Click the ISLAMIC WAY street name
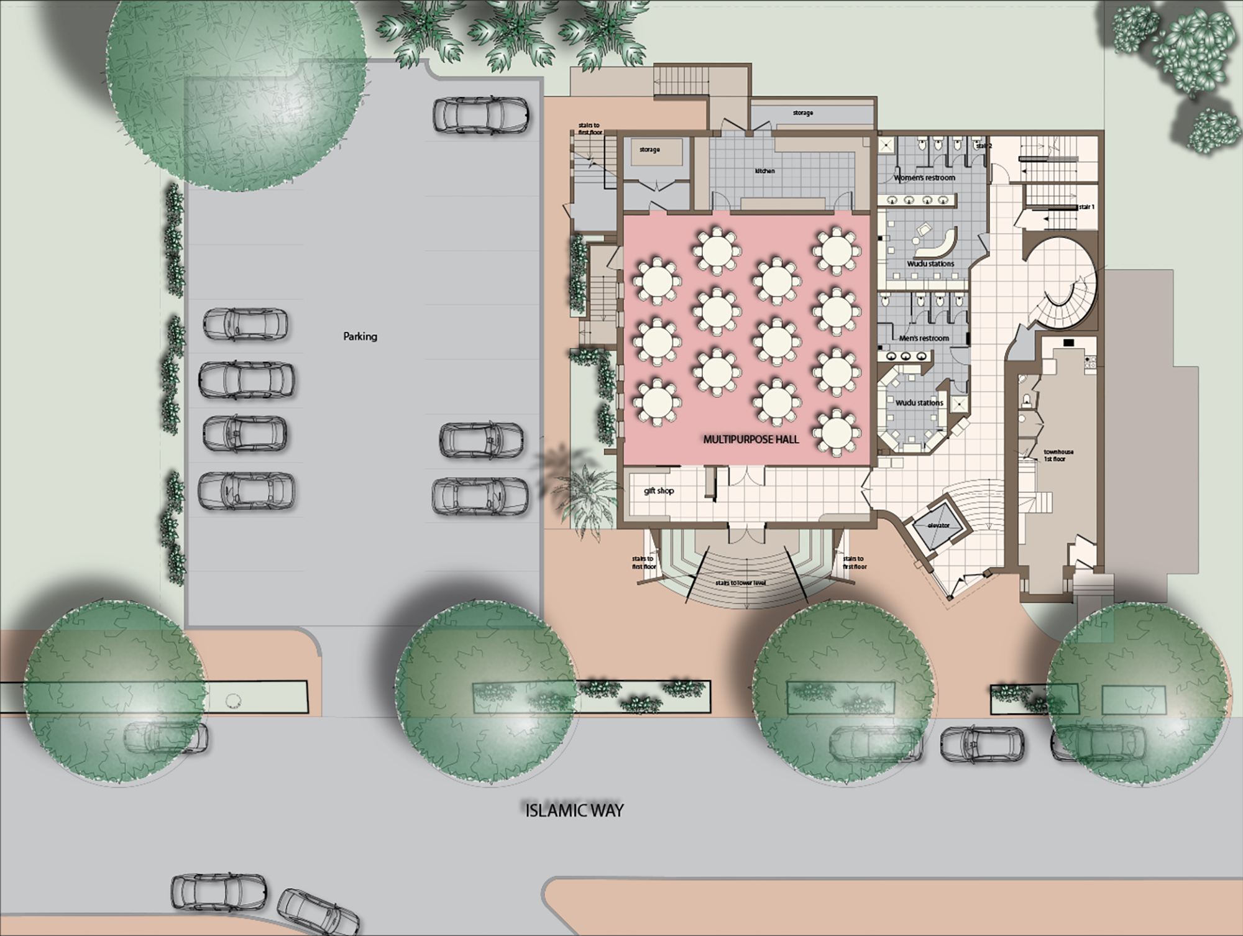[574, 810]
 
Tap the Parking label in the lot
[360, 337]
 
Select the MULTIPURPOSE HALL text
[751, 439]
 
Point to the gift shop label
[659, 491]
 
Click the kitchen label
[765, 171]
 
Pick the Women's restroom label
[924, 178]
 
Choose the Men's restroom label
[924, 338]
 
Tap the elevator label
[938, 525]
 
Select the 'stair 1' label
[1086, 207]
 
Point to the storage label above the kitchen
[803, 113]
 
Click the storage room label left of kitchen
[649, 150]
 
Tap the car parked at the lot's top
[482, 115]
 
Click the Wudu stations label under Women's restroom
[930, 264]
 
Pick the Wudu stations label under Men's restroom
[919, 403]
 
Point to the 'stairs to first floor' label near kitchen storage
[590, 129]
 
